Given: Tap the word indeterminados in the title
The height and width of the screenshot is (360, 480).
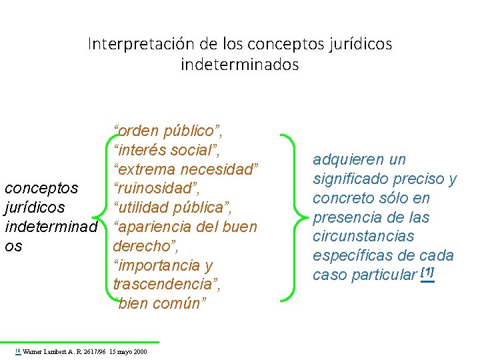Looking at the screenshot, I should click(240, 65).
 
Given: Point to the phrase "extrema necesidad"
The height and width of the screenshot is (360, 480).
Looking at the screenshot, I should click(186, 168).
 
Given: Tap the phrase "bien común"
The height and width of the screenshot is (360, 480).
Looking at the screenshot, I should click(161, 303).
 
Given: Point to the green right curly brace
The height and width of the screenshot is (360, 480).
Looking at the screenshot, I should click(288, 217).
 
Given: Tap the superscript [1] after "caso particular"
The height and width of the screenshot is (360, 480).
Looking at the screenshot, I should click(427, 273).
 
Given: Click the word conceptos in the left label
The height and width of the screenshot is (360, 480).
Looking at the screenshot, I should click(41, 187).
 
